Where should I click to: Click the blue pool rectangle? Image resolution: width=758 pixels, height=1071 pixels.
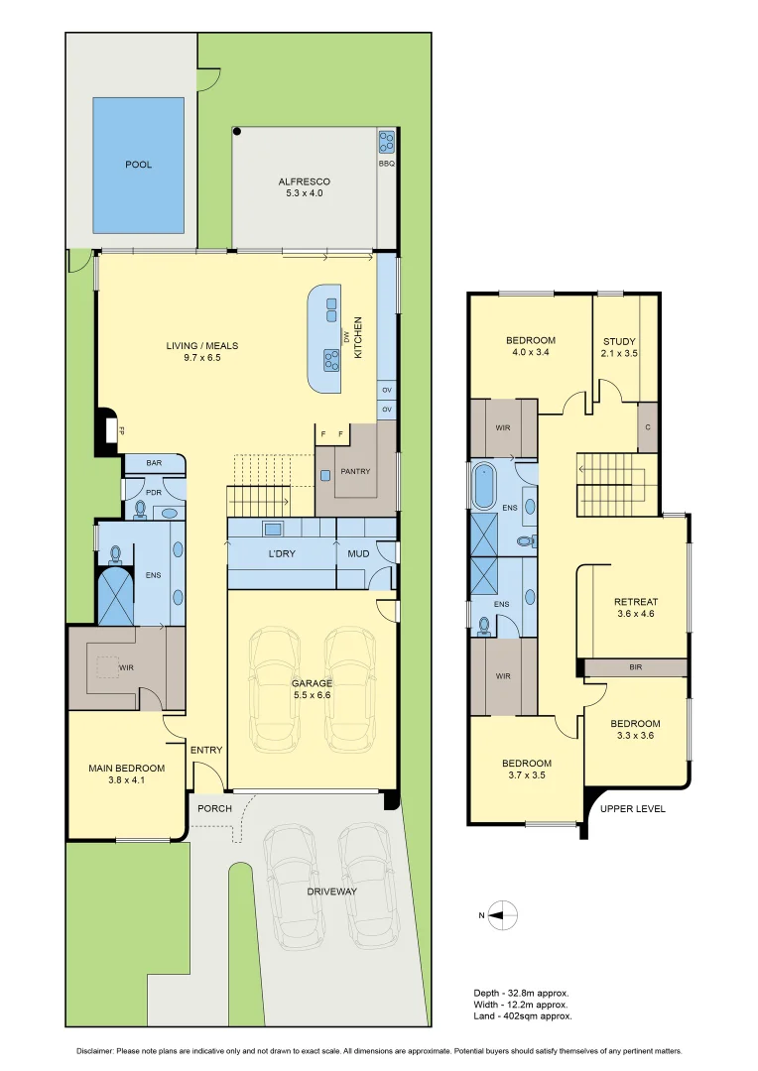tap(138, 166)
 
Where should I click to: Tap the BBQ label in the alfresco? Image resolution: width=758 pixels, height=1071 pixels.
tap(386, 164)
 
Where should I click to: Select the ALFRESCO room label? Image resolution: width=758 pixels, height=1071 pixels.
tap(305, 181)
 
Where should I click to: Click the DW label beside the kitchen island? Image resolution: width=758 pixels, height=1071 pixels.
tap(346, 337)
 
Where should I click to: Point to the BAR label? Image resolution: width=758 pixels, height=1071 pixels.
tap(154, 463)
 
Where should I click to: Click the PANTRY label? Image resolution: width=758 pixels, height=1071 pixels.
tap(355, 471)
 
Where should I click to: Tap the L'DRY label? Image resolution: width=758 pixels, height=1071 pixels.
tap(282, 554)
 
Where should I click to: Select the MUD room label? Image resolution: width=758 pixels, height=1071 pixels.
tap(358, 554)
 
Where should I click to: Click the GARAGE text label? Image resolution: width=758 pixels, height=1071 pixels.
tap(312, 683)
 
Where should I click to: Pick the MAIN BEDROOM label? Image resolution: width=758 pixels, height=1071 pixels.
tap(126, 769)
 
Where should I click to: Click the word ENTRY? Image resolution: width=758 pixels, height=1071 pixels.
tap(206, 750)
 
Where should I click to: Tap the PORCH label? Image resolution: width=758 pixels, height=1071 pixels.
tap(214, 809)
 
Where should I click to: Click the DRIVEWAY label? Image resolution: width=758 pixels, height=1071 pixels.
tap(331, 892)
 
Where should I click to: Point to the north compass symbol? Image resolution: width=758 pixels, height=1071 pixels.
tap(504, 915)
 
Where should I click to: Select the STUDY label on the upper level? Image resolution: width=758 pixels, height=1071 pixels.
tap(619, 341)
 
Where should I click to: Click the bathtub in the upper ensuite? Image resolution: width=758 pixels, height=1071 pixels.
tap(484, 486)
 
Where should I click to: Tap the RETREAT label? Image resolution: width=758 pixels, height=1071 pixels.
tap(636, 603)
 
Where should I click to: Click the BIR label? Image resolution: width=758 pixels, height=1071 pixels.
tap(636, 667)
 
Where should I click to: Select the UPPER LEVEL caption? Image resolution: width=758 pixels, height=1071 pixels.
tap(633, 809)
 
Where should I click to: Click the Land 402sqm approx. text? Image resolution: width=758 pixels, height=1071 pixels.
tap(523, 1016)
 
